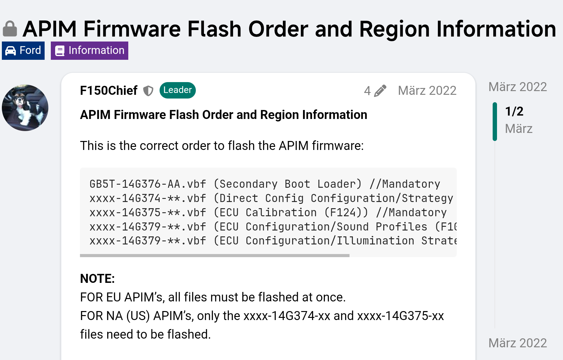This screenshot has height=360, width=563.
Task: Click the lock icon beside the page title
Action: (10, 29)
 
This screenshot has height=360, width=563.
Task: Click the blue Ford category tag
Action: (23, 50)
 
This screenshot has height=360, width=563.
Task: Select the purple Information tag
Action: (90, 50)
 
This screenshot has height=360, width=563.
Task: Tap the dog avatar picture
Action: (25, 108)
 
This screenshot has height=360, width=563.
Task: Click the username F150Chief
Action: (108, 90)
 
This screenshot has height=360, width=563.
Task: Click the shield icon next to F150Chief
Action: (148, 91)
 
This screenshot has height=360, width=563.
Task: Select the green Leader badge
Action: (178, 90)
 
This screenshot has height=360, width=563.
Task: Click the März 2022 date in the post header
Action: (427, 91)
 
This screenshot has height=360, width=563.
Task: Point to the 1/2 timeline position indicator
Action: (514, 112)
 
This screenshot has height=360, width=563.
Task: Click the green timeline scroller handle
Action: (495, 121)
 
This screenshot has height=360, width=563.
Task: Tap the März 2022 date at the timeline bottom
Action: (517, 343)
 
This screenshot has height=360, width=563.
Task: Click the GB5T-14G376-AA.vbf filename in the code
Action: (148, 184)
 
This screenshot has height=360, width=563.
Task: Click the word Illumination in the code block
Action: (375, 241)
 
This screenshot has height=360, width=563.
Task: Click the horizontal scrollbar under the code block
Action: (214, 256)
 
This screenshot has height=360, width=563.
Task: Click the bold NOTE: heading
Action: (97, 279)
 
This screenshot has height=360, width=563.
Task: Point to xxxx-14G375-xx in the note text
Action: (400, 316)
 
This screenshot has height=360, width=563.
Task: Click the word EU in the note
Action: (113, 297)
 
